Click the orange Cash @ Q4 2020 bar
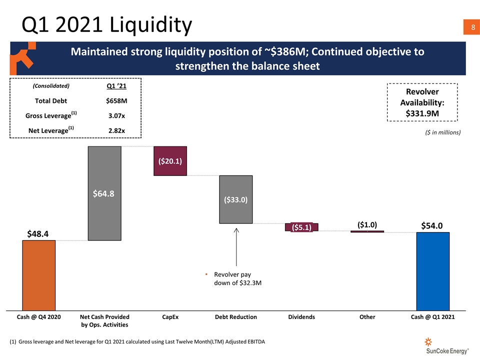(x=38, y=275)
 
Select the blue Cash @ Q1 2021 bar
(x=433, y=271)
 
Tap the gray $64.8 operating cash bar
(x=104, y=193)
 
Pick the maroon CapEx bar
(x=170, y=161)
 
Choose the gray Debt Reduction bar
(x=235, y=199)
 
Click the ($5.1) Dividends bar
(x=301, y=227)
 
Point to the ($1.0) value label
(x=367, y=224)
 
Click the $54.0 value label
(x=432, y=225)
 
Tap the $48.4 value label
(x=38, y=234)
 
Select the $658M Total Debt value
(x=116, y=100)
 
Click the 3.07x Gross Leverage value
(x=116, y=116)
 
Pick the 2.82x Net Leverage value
(x=116, y=131)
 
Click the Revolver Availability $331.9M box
(x=422, y=102)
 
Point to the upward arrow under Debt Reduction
(x=236, y=247)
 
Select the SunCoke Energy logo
(x=444, y=347)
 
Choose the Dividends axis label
(x=301, y=317)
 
